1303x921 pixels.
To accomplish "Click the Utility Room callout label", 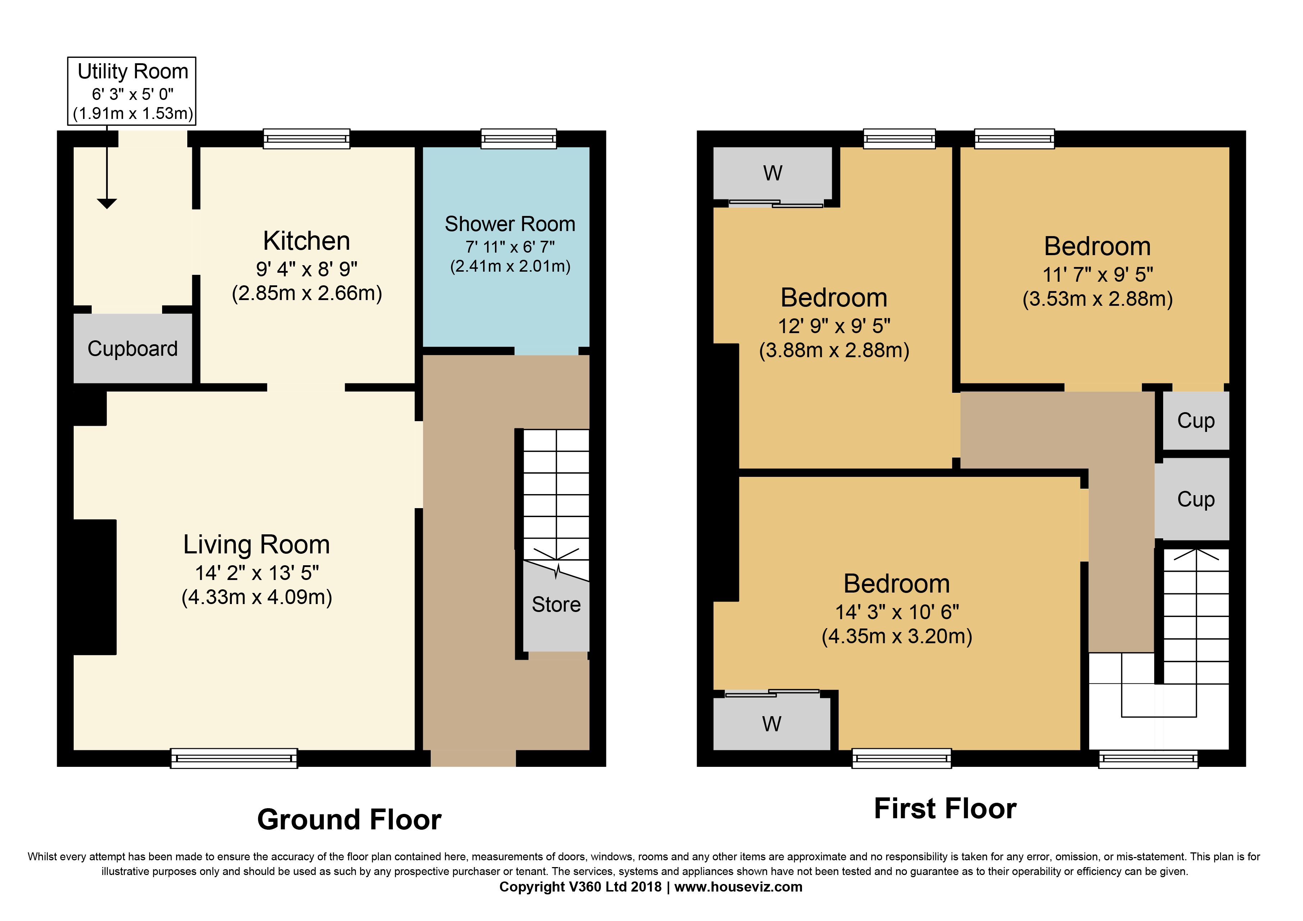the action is (x=133, y=72).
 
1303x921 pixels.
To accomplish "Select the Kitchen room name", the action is (x=307, y=241).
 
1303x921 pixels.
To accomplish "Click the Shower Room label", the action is (x=510, y=224).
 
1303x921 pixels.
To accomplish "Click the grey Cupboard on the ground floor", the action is (x=133, y=349).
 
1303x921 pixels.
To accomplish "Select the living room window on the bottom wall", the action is (x=234, y=758).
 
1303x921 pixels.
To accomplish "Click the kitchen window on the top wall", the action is (x=307, y=138).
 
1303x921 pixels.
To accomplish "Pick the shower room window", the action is (x=519, y=138).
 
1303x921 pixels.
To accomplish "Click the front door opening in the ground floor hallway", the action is (x=473, y=758).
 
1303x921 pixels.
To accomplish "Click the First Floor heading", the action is (x=945, y=809).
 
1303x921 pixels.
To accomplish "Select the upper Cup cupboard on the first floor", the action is (x=1196, y=420).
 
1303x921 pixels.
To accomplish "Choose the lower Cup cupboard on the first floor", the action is (x=1192, y=499).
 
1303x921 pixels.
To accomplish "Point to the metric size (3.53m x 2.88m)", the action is (x=1097, y=299).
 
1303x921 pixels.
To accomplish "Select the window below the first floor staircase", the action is (x=1148, y=759).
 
